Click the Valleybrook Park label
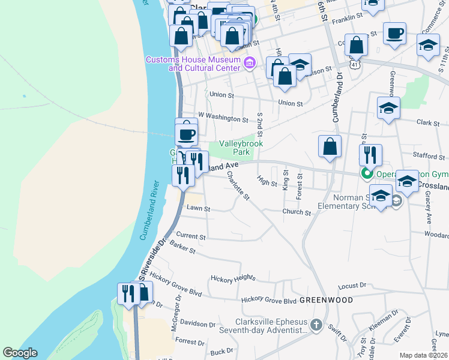click(x=241, y=148)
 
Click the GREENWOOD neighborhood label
click(x=325, y=299)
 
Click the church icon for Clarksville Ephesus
click(x=317, y=326)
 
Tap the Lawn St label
click(x=198, y=209)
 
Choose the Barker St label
click(x=182, y=247)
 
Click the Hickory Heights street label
click(x=233, y=278)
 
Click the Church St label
click(x=297, y=212)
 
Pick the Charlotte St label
click(x=238, y=185)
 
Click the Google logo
click(x=20, y=353)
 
